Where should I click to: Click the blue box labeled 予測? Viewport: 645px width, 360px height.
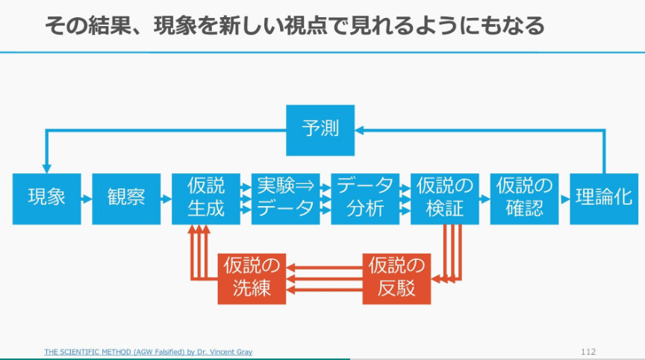point(320,129)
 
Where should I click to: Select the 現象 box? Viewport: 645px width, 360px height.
point(46,199)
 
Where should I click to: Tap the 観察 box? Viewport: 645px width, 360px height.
point(126,199)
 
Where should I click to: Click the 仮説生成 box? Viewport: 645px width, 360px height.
point(206,199)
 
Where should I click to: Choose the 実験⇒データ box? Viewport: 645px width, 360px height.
point(286,199)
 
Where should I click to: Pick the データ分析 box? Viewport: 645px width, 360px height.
point(365,199)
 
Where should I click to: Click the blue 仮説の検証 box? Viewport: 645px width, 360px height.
point(445,199)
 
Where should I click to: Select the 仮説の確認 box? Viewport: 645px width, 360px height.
point(525,199)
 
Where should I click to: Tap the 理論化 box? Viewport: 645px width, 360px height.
point(604,199)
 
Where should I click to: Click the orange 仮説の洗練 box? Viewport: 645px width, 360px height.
point(252,279)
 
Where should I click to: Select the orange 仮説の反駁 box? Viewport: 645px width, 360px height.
point(396,279)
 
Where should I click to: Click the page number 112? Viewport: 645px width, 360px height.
point(588,351)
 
